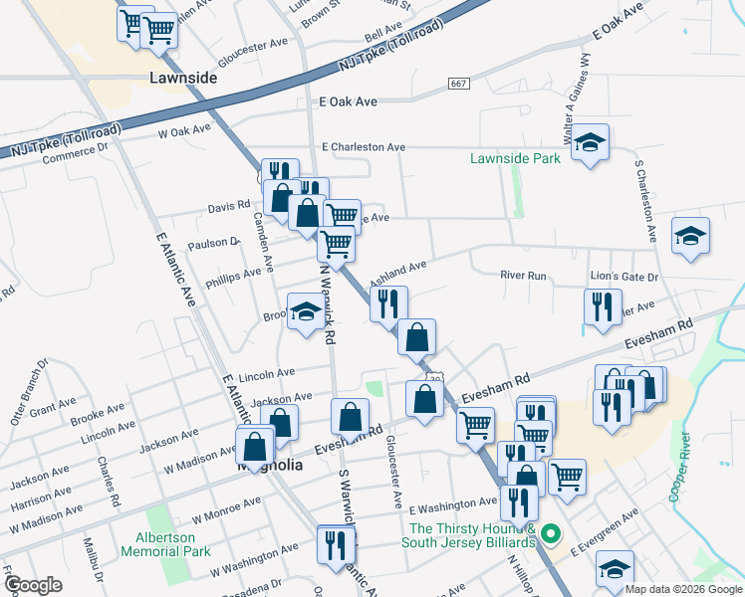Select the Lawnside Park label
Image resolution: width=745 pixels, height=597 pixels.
pyautogui.click(x=515, y=158)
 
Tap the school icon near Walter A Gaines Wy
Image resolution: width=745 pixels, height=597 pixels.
pyautogui.click(x=591, y=142)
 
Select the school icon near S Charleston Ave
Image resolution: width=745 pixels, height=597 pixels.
pyautogui.click(x=690, y=235)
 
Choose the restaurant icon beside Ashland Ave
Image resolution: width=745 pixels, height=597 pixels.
pyautogui.click(x=388, y=302)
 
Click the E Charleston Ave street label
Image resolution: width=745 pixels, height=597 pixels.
pyautogui.click(x=364, y=146)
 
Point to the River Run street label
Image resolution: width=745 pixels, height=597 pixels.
pyautogui.click(x=524, y=275)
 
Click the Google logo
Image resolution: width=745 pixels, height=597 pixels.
pyautogui.click(x=33, y=584)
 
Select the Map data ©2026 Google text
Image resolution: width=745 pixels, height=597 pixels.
pyautogui.click(x=683, y=589)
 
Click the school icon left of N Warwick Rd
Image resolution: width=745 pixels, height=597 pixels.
pyautogui.click(x=305, y=311)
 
